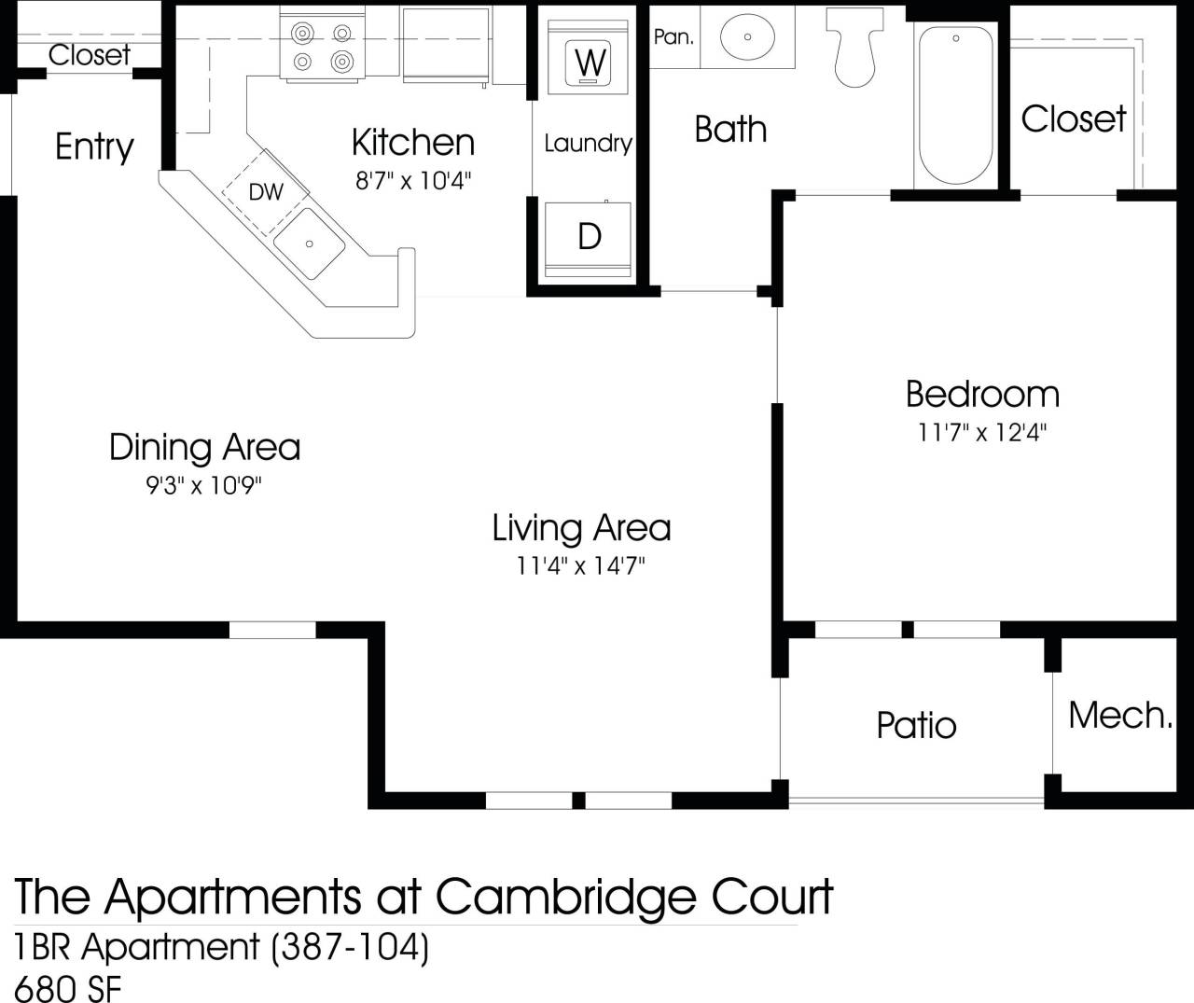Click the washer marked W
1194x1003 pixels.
590,62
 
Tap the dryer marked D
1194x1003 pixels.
589,237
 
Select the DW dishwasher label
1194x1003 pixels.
266,192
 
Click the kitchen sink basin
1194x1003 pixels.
310,244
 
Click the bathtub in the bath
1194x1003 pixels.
956,104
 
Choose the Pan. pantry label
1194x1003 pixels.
673,37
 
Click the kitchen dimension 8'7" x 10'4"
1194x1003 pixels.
413,180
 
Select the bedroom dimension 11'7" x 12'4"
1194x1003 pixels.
982,433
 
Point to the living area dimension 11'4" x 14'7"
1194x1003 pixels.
581,565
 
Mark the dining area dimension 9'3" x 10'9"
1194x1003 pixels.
204,486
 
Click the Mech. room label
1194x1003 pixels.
1119,716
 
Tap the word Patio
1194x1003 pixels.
916,725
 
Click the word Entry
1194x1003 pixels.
94,146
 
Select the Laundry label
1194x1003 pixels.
588,143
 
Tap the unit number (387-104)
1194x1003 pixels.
349,947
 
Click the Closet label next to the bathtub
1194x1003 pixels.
1073,118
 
